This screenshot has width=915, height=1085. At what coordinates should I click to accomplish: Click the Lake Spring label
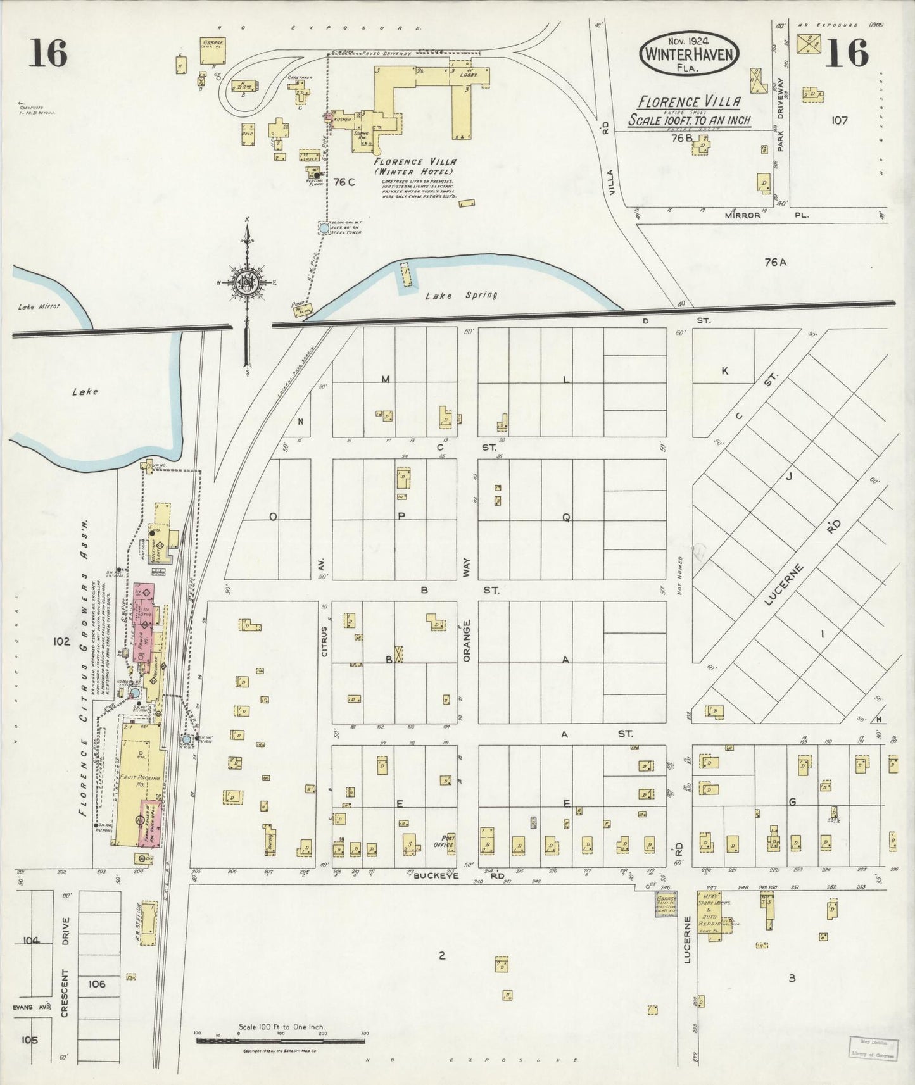point(461,295)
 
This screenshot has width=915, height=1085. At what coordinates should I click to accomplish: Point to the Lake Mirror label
point(39,306)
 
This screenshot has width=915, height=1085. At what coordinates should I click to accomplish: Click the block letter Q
point(566,517)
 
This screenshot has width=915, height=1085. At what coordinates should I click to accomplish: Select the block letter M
point(385,379)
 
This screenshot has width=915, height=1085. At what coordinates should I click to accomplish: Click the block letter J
point(789,477)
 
